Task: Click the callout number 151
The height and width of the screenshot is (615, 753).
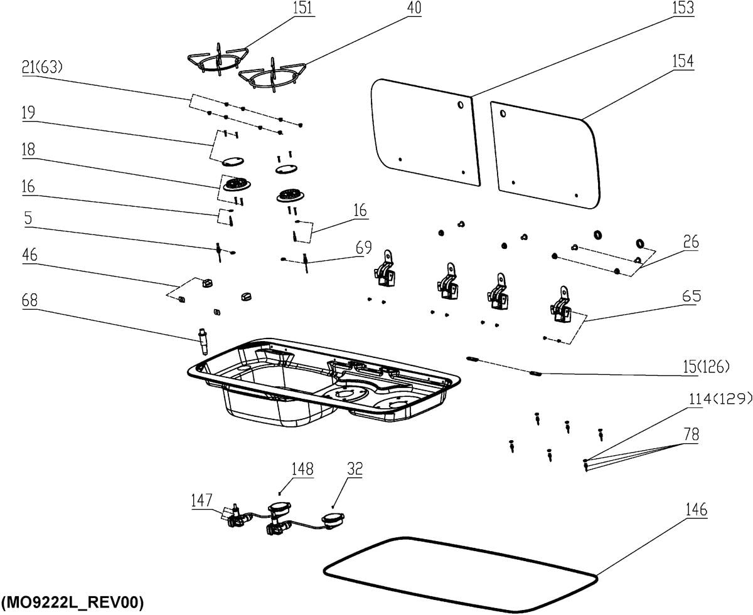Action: tap(302, 9)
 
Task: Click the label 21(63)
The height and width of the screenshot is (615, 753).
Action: tap(42, 67)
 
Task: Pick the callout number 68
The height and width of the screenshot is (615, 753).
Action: tap(29, 300)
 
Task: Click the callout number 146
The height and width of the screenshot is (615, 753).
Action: tap(695, 510)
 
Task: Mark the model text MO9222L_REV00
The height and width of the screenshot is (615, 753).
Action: tap(73, 602)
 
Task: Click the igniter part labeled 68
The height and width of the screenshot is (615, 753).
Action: tap(203, 340)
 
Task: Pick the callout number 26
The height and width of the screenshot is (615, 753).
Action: tap(690, 243)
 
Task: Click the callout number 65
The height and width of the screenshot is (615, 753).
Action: tap(691, 296)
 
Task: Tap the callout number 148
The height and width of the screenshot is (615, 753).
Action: tap(303, 469)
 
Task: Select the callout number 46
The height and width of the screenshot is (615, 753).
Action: tap(29, 255)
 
